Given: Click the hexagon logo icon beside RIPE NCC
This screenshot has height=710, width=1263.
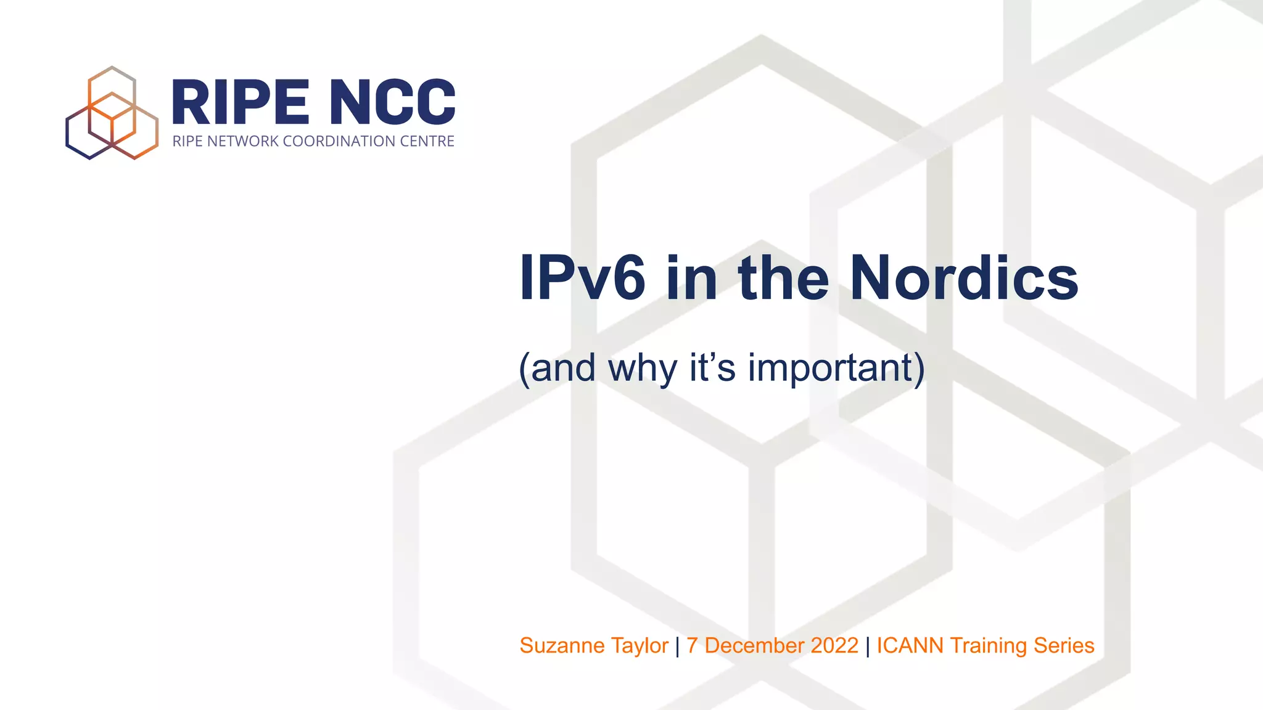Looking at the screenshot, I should pos(112,113).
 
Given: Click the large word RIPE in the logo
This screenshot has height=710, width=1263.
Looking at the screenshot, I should pos(240,102).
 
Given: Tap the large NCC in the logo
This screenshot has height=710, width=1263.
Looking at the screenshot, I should pos(393,102).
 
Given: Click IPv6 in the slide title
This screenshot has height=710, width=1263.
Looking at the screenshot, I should pos(582,279).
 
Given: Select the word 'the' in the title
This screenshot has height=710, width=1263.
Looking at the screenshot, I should pos(783,279).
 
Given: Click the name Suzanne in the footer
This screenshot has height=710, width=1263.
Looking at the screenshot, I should pos(562,645).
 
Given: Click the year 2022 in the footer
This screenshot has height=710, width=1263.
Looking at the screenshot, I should pos(834,645).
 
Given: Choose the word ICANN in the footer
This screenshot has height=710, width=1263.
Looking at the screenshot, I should pos(910,645).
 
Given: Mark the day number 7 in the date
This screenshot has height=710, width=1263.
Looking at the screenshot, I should pos(692,645).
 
